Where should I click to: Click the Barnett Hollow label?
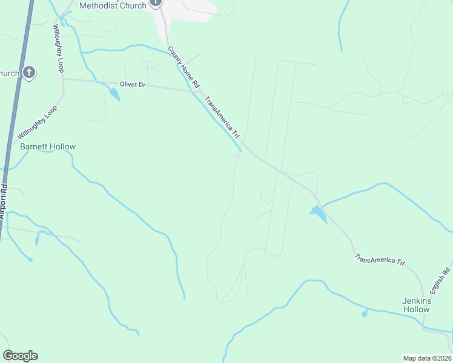(x=48, y=146)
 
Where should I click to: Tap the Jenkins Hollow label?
(x=416, y=305)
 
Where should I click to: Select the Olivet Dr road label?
(x=133, y=85)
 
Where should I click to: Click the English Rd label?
(x=446, y=277)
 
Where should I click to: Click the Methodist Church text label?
(x=113, y=5)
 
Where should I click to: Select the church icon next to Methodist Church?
(x=156, y=3)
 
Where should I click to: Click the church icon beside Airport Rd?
(x=28, y=74)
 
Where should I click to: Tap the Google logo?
(x=20, y=356)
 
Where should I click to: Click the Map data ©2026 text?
(x=427, y=358)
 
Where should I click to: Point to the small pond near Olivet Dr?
(x=114, y=94)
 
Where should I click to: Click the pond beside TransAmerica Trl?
(x=317, y=212)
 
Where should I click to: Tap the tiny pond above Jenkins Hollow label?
(x=364, y=313)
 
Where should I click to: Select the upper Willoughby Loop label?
(x=58, y=48)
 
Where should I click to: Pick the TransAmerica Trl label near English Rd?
(x=380, y=260)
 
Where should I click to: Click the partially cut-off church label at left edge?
(x=9, y=74)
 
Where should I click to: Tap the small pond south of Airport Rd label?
(x=37, y=240)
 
